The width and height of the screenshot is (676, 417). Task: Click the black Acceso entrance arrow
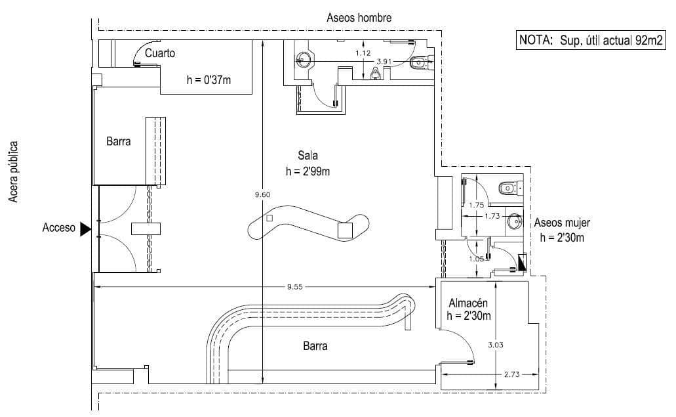[x=85, y=229]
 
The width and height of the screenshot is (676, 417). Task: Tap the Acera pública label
[x=12, y=171]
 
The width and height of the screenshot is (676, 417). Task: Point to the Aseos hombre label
[x=359, y=18]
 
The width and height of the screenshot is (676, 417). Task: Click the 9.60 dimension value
[x=262, y=194]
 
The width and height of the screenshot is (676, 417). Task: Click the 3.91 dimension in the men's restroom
[x=384, y=61]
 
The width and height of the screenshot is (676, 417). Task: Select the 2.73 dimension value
[x=512, y=374]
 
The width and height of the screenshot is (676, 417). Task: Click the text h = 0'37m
[x=209, y=80]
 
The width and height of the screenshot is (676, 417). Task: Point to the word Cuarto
[x=160, y=53]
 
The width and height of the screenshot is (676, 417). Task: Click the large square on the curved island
[x=345, y=230]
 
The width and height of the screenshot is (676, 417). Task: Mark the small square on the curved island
[x=269, y=218]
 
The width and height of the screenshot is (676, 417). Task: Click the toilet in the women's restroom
[x=507, y=188]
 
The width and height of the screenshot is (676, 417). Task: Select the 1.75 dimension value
[x=477, y=205]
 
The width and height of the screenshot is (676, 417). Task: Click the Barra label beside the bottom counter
[x=315, y=346]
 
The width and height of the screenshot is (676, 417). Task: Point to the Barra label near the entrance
[x=119, y=141]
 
